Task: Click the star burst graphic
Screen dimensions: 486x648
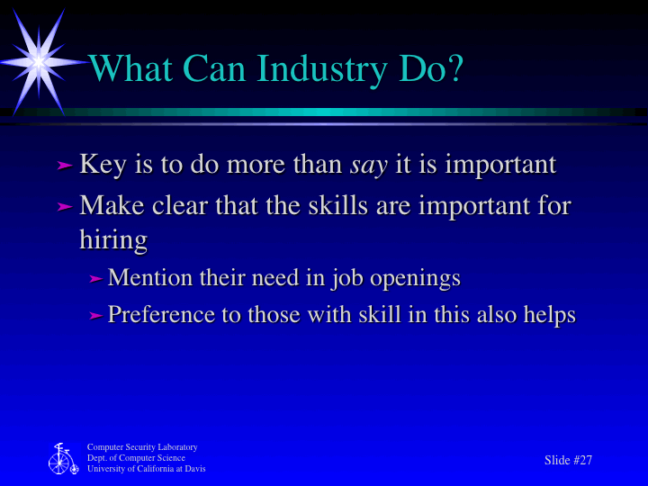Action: [x=38, y=59]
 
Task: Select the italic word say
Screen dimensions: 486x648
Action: [x=367, y=166]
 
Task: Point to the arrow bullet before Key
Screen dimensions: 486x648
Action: [x=64, y=166]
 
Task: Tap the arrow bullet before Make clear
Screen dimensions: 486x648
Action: [x=64, y=206]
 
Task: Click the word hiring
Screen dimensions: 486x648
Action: [x=113, y=240]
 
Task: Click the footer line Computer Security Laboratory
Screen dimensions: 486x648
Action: [x=142, y=447]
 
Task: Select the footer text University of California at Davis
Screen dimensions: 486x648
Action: [x=146, y=469]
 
